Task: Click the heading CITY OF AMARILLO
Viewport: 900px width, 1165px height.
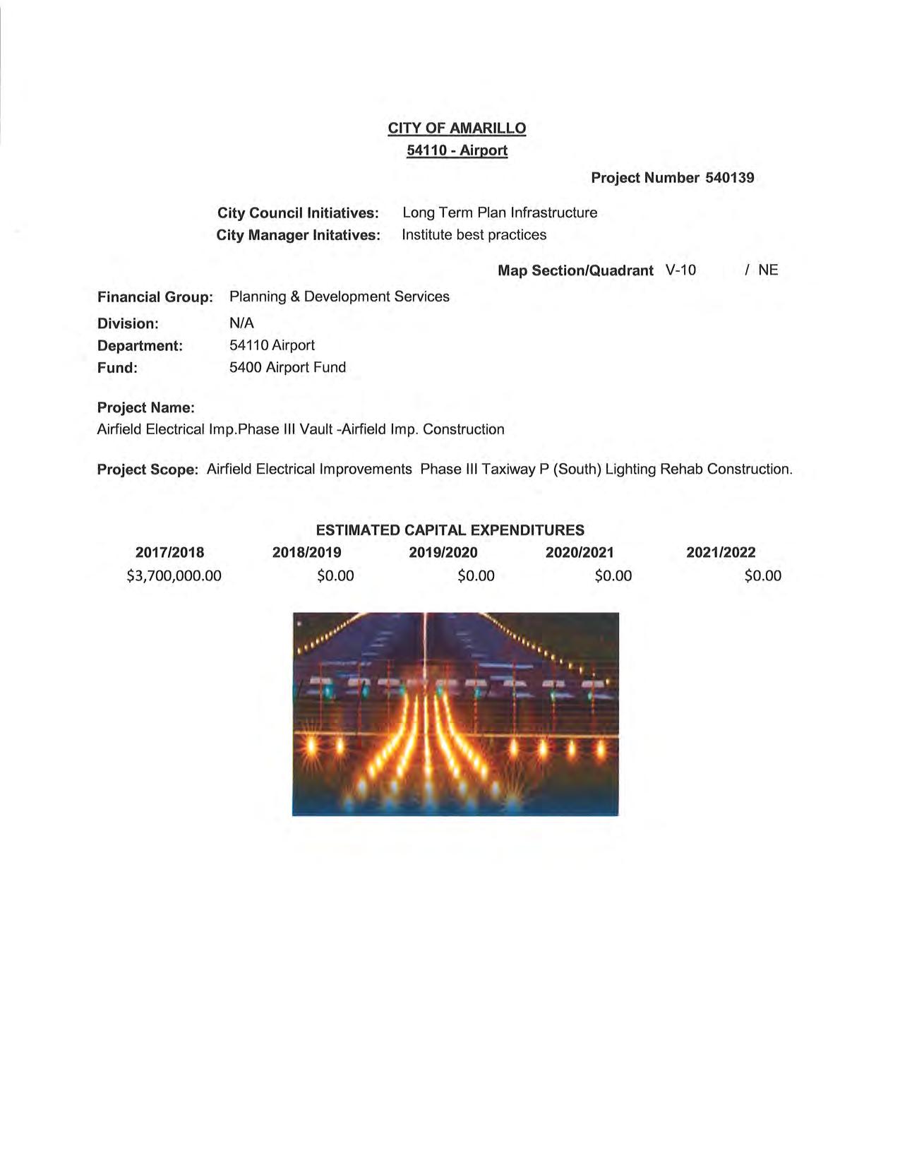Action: point(457,129)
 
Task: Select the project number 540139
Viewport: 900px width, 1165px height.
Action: point(729,178)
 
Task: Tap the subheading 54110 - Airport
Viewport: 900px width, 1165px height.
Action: point(457,150)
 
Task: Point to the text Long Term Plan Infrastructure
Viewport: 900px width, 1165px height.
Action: point(499,213)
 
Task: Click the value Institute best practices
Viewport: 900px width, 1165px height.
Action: point(474,235)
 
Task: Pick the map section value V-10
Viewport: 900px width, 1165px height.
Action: point(680,270)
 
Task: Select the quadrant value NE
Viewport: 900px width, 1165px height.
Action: point(768,270)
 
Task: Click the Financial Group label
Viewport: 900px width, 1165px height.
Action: point(155,297)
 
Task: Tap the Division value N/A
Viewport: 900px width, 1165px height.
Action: point(241,323)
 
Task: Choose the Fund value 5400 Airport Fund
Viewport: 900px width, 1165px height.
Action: point(287,367)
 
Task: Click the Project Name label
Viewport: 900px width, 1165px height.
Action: point(145,408)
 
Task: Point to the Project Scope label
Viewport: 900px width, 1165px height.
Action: point(148,470)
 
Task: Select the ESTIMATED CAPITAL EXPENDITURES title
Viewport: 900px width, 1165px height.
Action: point(450,530)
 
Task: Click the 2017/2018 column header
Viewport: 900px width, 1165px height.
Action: point(169,552)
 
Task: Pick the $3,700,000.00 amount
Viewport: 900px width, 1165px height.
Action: point(174,575)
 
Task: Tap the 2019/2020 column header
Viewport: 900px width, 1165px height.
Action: point(443,552)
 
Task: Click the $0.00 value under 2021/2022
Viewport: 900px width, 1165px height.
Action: point(762,575)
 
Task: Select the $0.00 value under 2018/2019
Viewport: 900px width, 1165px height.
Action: point(335,575)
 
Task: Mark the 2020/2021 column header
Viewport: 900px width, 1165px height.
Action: point(580,552)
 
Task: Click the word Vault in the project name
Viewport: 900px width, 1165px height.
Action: point(316,429)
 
